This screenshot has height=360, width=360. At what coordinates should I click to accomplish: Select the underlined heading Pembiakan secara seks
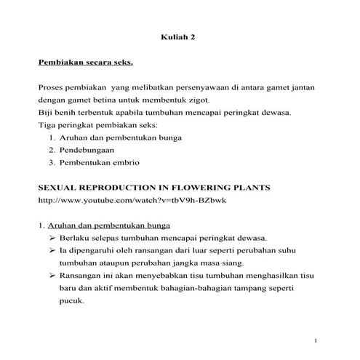pos(85,64)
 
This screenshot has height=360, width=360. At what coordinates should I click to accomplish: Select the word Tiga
pos(47,124)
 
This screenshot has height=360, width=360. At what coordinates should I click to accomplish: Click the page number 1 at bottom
pos(317,340)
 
